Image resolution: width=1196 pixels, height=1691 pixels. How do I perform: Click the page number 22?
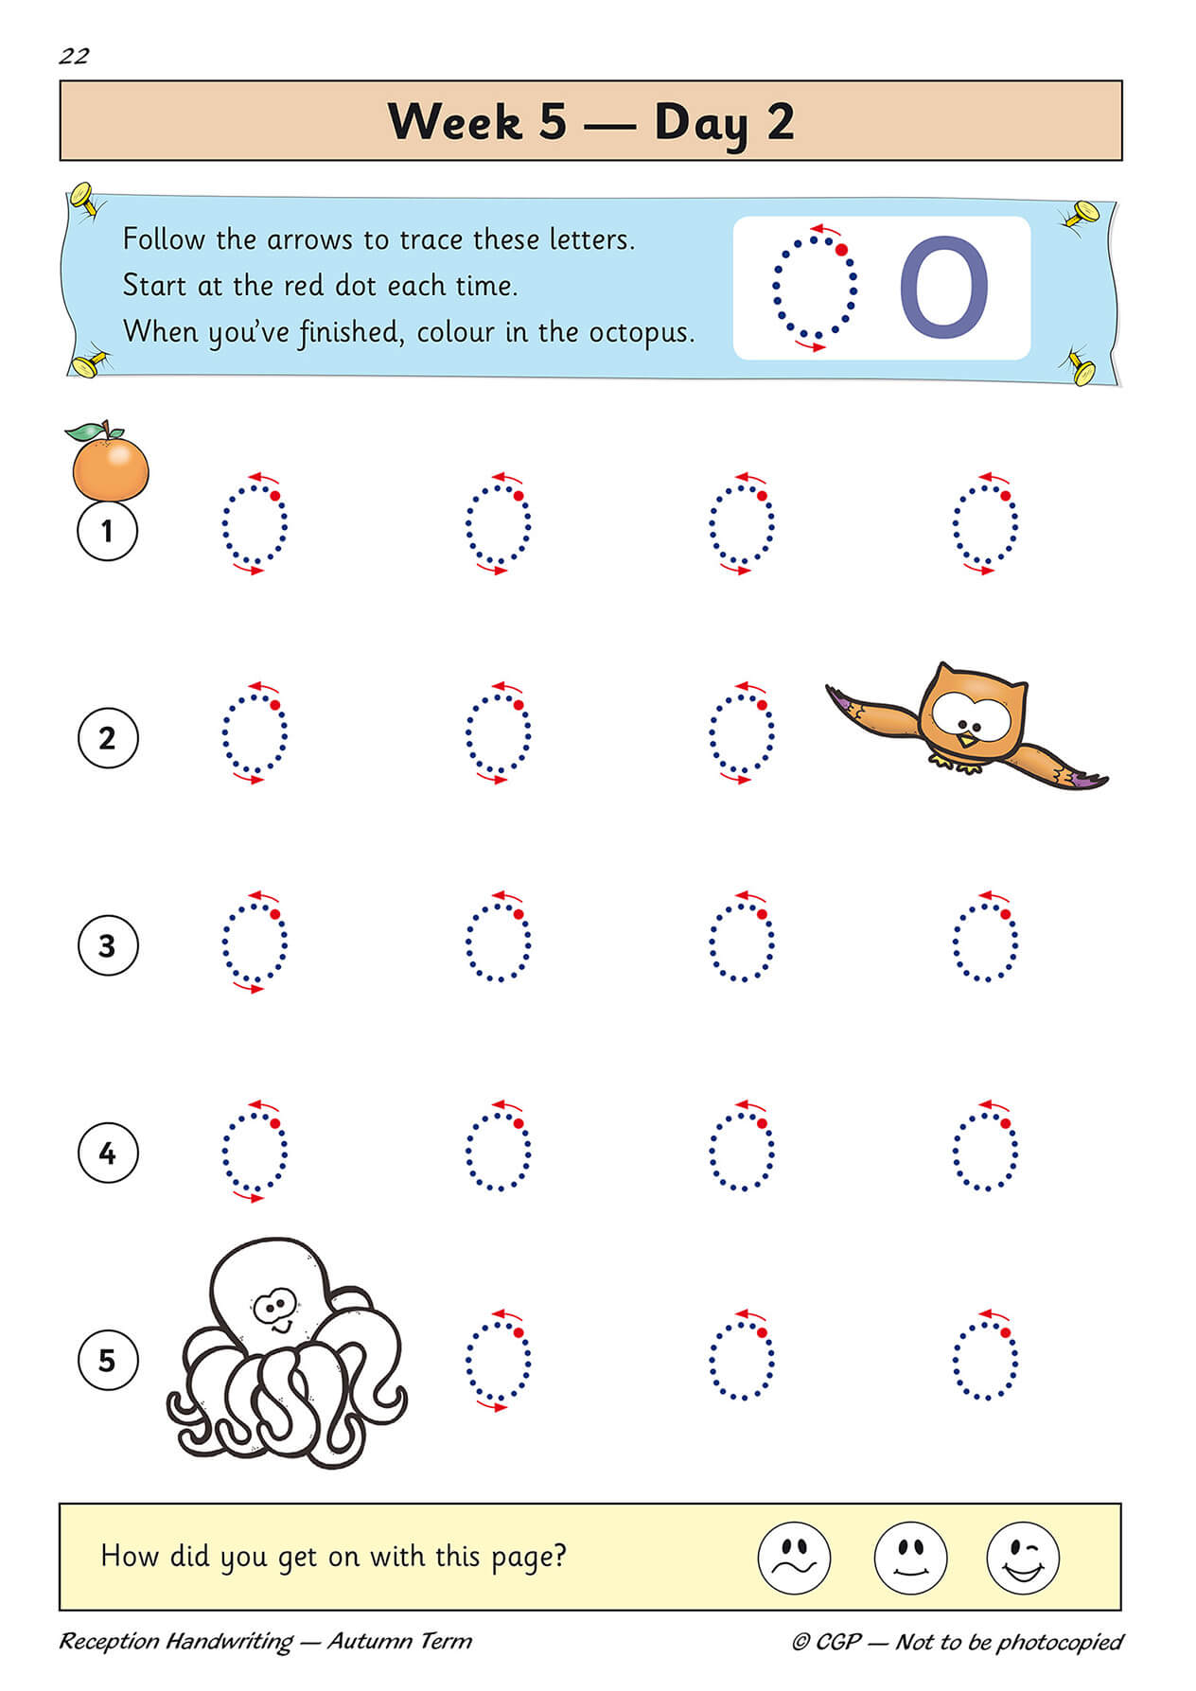74,57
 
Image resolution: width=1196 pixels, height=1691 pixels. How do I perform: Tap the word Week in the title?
454,122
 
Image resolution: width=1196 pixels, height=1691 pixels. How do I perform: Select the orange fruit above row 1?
111,468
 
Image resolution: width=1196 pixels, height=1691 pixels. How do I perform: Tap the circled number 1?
107,530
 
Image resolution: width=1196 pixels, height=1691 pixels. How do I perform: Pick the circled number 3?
107,945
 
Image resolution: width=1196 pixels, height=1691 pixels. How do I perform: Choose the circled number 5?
107,1361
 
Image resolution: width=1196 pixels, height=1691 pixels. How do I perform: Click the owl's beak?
965,737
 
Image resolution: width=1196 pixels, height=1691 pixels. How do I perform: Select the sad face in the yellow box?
794,1558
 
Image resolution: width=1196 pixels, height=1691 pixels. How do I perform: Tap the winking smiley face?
1023,1558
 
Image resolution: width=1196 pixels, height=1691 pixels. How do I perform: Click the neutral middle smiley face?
909,1558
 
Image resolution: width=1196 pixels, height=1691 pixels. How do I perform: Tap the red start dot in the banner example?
841,251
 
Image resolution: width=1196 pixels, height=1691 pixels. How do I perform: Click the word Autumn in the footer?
363,1641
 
